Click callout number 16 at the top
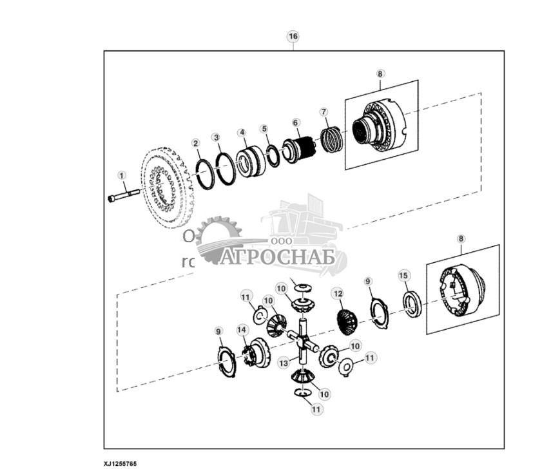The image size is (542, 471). pos(293,37)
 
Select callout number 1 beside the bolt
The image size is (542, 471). pos(121,175)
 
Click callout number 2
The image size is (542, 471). pos(195,142)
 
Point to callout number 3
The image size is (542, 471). pos(217,137)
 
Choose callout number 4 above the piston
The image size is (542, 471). pos(242,133)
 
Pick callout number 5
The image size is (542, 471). pos(264,128)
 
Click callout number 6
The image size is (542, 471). pos(296,122)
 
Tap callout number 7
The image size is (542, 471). pos(324,113)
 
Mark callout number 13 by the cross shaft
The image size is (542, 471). pos(284,363)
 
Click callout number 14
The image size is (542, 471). pos(241,330)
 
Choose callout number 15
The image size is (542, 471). pos(403,276)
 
